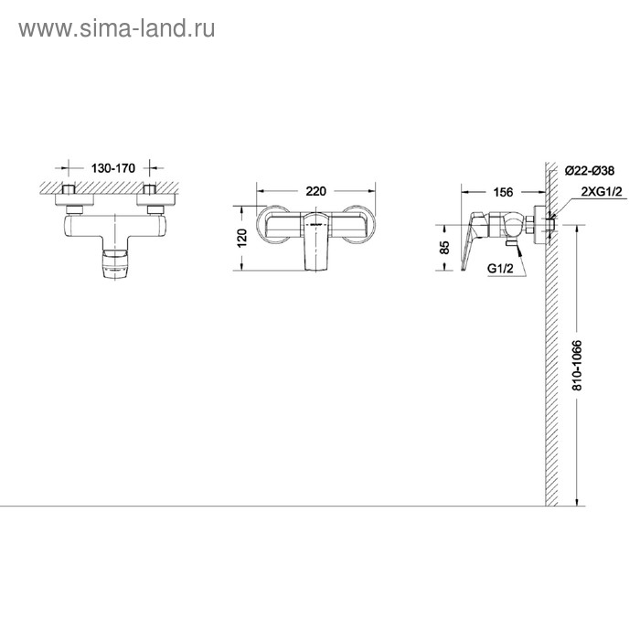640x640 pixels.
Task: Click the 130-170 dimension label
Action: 113,168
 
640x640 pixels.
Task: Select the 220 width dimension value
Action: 316,192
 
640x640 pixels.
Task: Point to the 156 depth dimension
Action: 503,192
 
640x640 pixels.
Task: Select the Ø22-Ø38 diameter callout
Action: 590,170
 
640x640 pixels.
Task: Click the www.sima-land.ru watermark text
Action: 116,29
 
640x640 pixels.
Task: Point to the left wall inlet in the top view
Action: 72,195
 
